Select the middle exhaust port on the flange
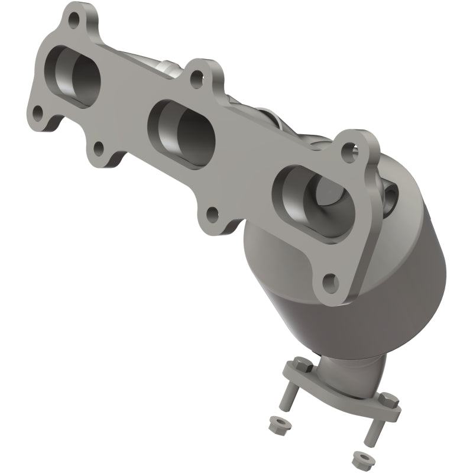(x=183, y=124)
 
